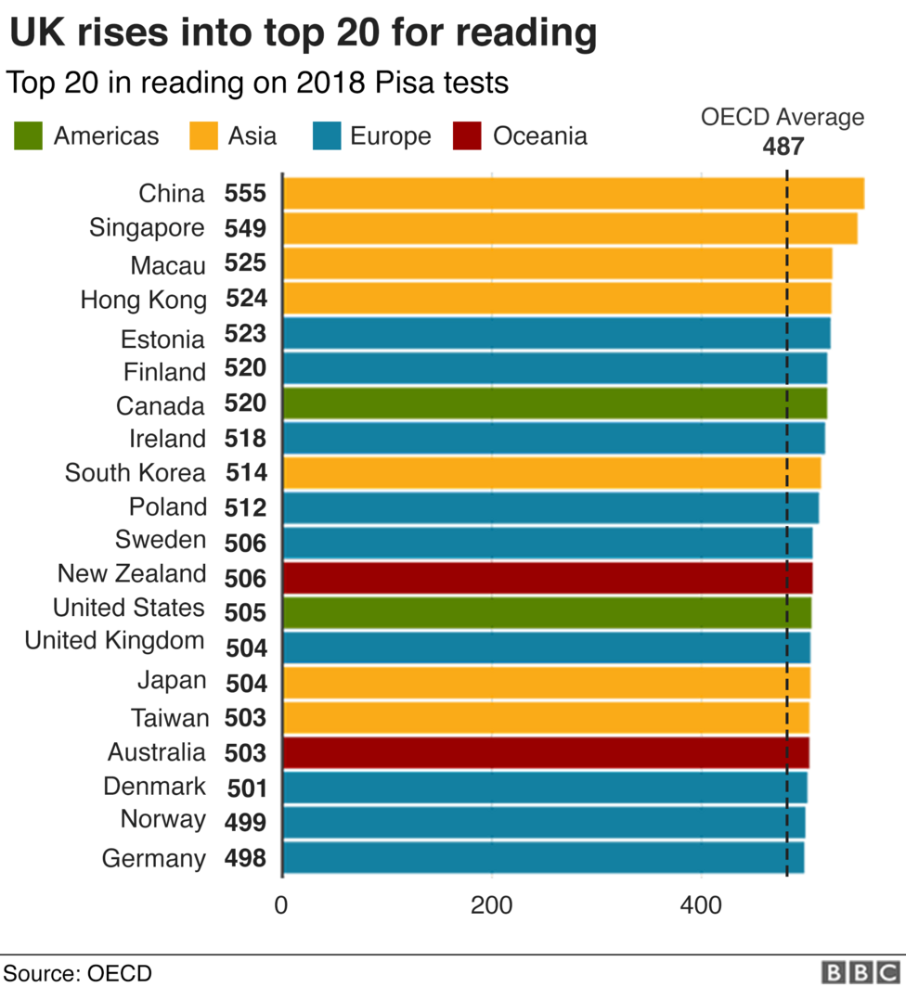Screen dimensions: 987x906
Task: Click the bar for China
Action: tap(573, 194)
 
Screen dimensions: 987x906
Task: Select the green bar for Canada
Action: tap(554, 404)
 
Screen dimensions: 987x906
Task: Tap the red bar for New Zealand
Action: tap(547, 578)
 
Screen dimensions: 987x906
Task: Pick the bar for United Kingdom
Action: tap(546, 647)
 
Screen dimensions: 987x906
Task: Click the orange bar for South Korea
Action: tap(551, 473)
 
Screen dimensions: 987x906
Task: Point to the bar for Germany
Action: tap(543, 857)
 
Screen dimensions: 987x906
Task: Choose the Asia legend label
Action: tap(252, 136)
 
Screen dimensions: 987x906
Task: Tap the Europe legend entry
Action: tap(390, 136)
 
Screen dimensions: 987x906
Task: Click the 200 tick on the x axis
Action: tap(492, 905)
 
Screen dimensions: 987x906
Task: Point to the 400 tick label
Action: tap(701, 905)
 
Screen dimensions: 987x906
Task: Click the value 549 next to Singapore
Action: tap(245, 229)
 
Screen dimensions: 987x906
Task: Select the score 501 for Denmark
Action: tap(247, 788)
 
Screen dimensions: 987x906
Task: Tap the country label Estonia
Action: tap(162, 339)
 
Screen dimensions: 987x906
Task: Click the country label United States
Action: tap(128, 608)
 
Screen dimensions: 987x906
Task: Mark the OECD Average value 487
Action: tap(783, 147)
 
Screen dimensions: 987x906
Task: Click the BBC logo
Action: tap(861, 971)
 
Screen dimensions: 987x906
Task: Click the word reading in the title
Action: tap(524, 33)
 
